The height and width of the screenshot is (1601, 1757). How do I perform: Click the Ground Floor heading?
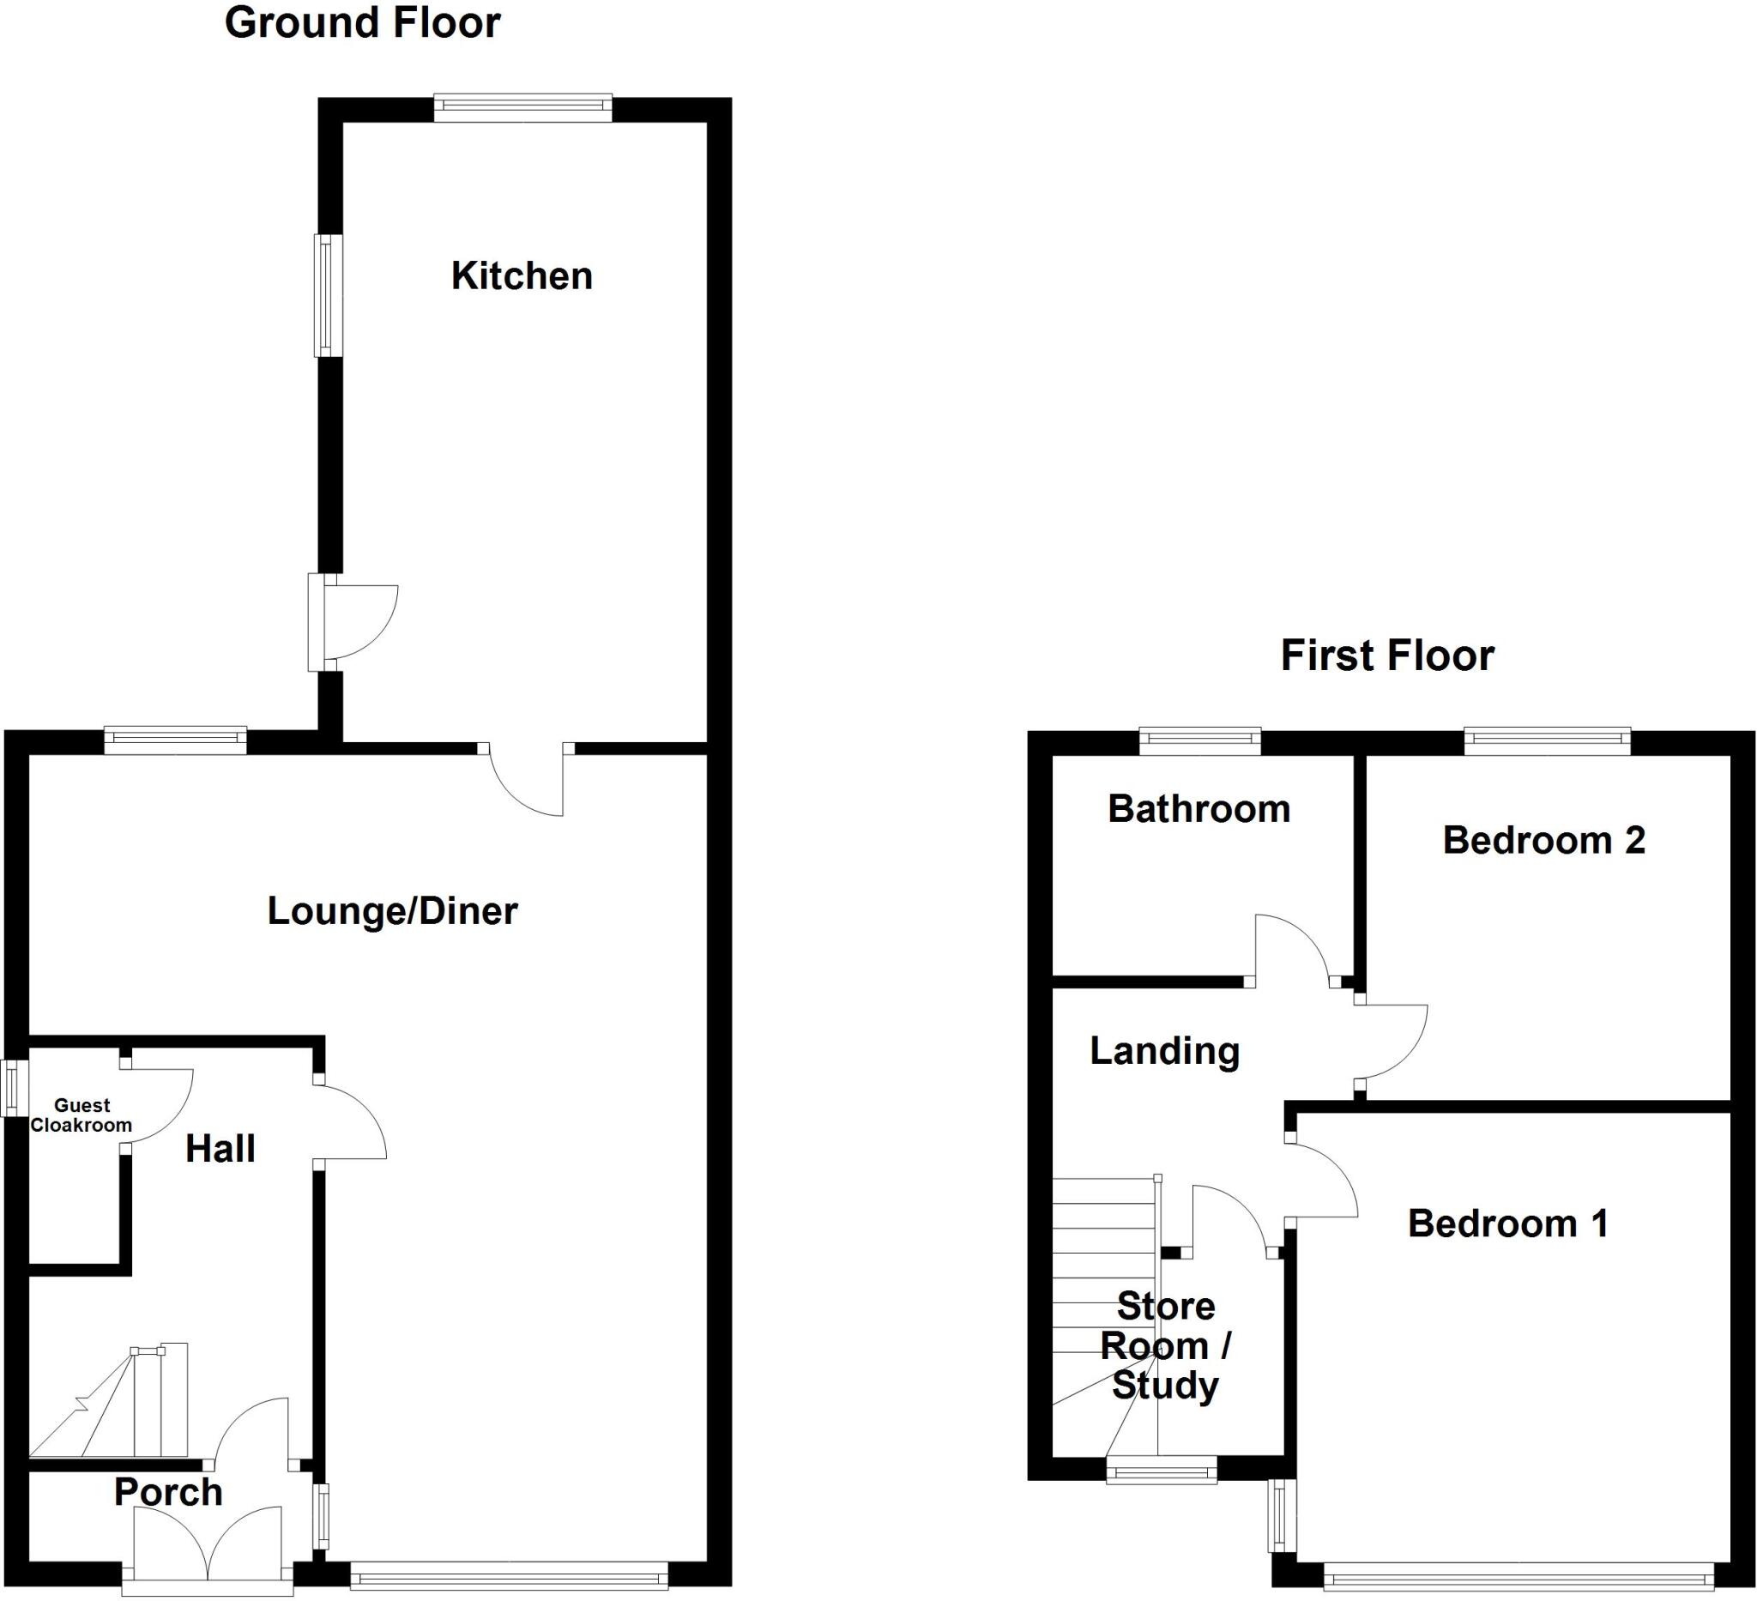pyautogui.click(x=363, y=23)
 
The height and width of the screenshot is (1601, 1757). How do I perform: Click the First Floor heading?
pyautogui.click(x=1387, y=656)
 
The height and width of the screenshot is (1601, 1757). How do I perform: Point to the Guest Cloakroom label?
pyautogui.click(x=81, y=1115)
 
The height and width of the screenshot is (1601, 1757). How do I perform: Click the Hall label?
pyautogui.click(x=220, y=1150)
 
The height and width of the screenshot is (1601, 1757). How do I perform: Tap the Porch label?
pyautogui.click(x=168, y=1493)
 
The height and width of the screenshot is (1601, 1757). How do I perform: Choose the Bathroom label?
pyautogui.click(x=1199, y=810)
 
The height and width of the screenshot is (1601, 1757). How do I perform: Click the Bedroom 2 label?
pyautogui.click(x=1543, y=841)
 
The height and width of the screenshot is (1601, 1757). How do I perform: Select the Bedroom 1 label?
pyautogui.click(x=1507, y=1224)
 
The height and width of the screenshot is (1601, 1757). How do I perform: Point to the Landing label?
pyautogui.click(x=1164, y=1051)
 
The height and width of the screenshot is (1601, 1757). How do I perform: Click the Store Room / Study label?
pyautogui.click(x=1165, y=1346)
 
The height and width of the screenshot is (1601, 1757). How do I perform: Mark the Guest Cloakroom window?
pyautogui.click(x=11, y=1088)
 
